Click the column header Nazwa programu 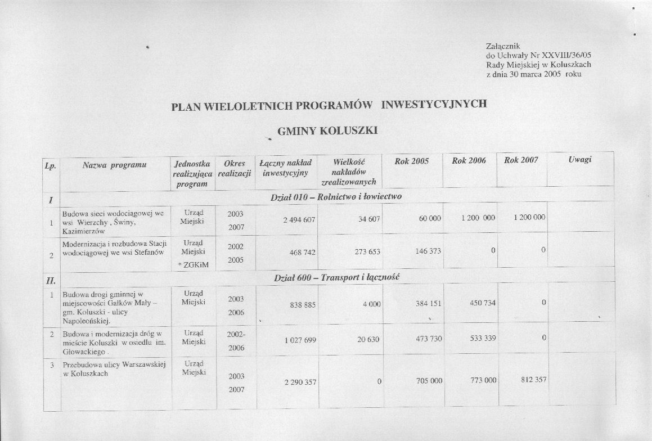(114, 165)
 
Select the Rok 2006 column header (469, 161)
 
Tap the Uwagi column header (579, 160)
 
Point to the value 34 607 (370, 219)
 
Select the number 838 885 (303, 304)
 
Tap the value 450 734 (483, 303)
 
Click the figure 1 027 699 (299, 340)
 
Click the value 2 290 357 (298, 382)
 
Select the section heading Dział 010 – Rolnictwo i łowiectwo (336, 197)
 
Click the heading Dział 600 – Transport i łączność (336, 278)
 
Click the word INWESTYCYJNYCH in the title (434, 104)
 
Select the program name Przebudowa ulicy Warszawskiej (114, 365)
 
